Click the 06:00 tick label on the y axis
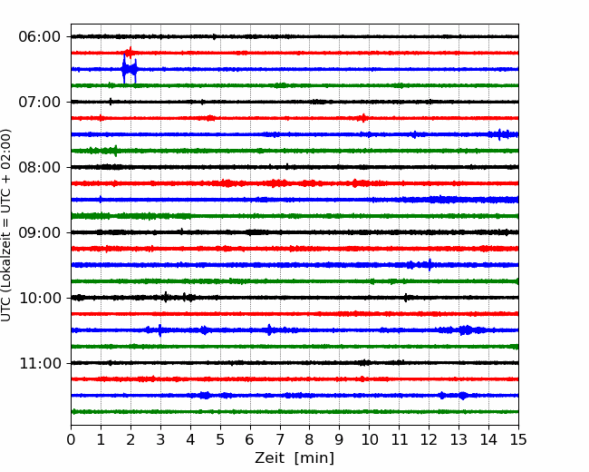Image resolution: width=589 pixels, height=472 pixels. pyautogui.click(x=40, y=37)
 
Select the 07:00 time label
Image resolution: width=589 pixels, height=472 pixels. pyautogui.click(x=40, y=102)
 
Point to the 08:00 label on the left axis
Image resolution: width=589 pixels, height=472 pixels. pyautogui.click(x=40, y=167)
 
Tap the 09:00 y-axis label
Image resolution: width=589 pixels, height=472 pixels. pyautogui.click(x=40, y=232)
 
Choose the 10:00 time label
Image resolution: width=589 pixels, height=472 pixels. pyautogui.click(x=40, y=298)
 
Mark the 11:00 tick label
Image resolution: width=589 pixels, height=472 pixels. pyautogui.click(x=40, y=363)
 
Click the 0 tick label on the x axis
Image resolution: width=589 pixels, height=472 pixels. pyautogui.click(x=71, y=439)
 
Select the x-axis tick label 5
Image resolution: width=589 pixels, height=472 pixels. pyautogui.click(x=220, y=439)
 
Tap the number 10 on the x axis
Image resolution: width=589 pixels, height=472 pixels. pyautogui.click(x=369, y=439)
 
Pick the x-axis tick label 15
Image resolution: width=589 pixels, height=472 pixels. pyautogui.click(x=518, y=439)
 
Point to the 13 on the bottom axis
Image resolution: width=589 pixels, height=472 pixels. pyautogui.click(x=459, y=439)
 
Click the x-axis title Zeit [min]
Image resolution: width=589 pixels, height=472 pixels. pyautogui.click(x=294, y=458)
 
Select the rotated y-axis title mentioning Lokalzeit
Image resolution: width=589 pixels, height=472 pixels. pyautogui.click(x=5, y=225)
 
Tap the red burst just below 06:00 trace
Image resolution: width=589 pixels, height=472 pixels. pyautogui.click(x=130, y=53)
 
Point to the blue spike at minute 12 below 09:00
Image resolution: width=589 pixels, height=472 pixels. pyautogui.click(x=430, y=265)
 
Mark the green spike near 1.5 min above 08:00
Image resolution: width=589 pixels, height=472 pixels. pyautogui.click(x=115, y=151)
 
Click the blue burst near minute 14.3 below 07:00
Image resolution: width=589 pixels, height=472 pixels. pyautogui.click(x=499, y=134)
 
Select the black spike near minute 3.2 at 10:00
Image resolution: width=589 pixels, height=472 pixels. pyautogui.click(x=166, y=298)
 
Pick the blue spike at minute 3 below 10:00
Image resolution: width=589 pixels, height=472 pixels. pyautogui.click(x=160, y=330)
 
